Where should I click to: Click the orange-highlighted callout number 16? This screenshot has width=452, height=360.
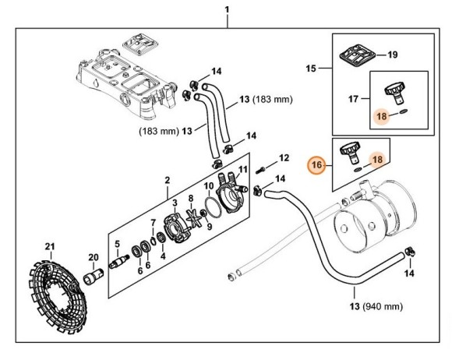(x=316, y=165)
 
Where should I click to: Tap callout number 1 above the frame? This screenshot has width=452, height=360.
(x=227, y=10)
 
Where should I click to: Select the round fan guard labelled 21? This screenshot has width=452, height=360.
(x=58, y=297)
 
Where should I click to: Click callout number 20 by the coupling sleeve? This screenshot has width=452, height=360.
(x=94, y=257)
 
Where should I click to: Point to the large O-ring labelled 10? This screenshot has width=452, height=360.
(x=213, y=207)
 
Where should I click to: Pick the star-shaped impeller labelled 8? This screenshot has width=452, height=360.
(x=193, y=218)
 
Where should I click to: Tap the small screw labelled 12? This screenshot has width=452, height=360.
(x=260, y=171)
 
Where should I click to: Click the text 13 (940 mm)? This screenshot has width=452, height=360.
(x=376, y=306)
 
